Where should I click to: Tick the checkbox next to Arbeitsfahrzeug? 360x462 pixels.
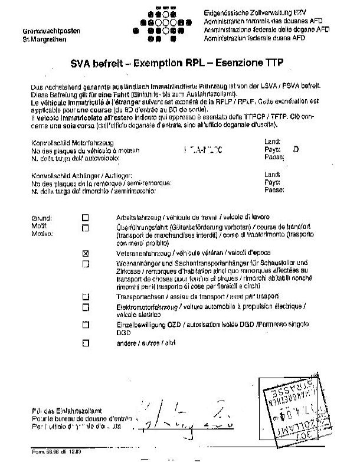pos(86,217)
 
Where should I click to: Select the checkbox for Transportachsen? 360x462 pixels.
pos(86,296)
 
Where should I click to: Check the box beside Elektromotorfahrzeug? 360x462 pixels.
pos(86,307)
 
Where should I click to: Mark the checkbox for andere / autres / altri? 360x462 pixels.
pos(86,342)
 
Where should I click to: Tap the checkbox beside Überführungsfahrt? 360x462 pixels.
pos(86,228)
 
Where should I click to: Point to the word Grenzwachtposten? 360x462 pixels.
pos(44,31)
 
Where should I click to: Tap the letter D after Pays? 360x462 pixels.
pos(296,150)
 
